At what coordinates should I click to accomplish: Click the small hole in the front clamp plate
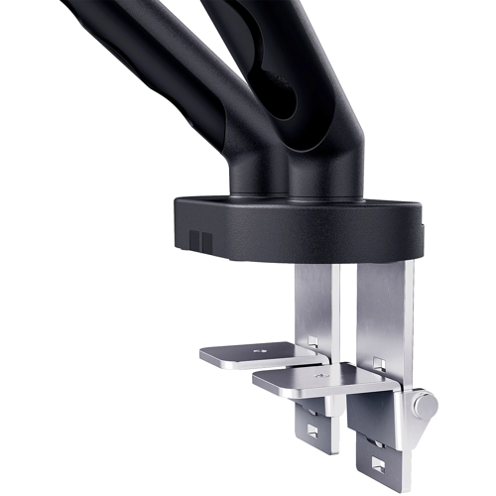coord(319,377)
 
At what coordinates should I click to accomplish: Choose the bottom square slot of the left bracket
coord(312,432)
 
